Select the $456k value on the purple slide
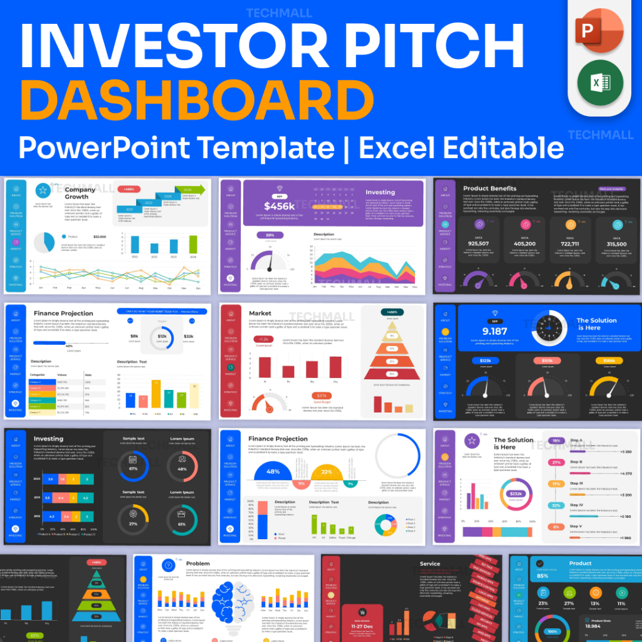[x=279, y=206]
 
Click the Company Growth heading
[x=80, y=193]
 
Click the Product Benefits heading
[x=490, y=188]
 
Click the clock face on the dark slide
[x=549, y=329]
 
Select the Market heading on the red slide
[x=260, y=313]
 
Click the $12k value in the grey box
[x=162, y=337]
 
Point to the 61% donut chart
[x=182, y=523]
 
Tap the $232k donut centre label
[x=515, y=493]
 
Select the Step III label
[x=576, y=483]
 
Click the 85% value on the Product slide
[x=542, y=576]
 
